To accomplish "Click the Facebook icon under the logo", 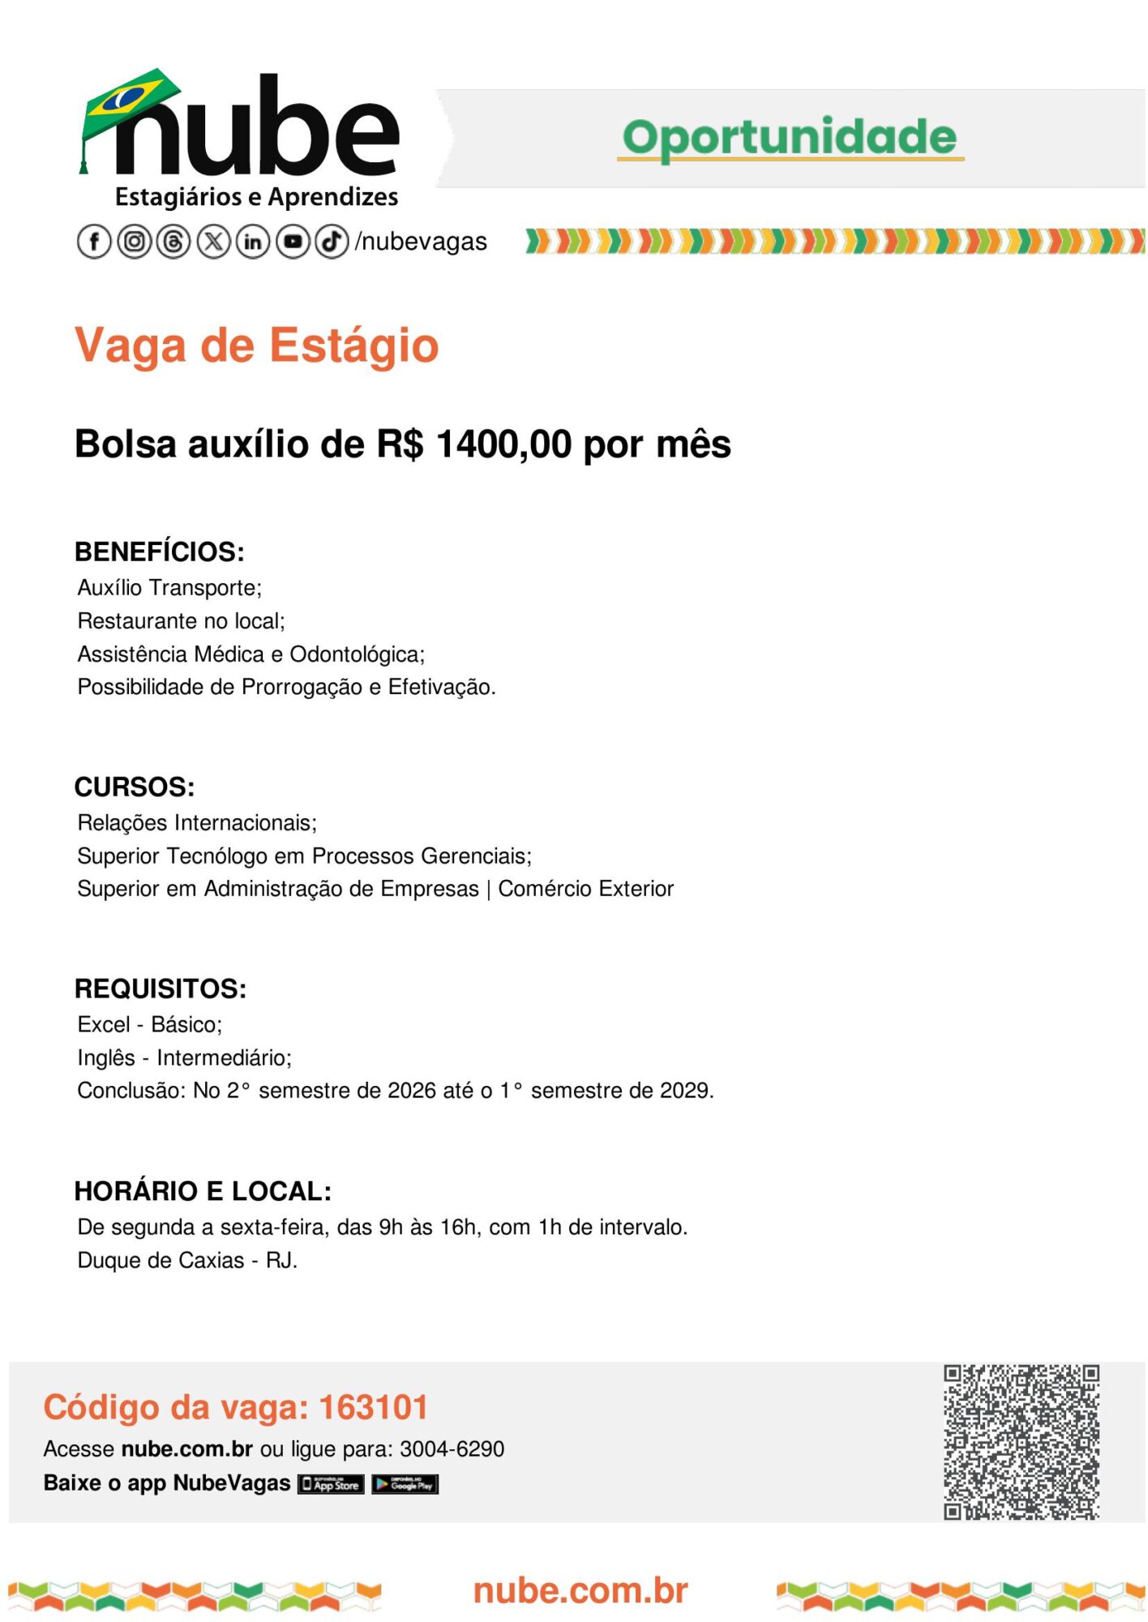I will tap(94, 242).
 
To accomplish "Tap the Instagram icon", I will tap(135, 242).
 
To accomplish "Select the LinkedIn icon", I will tap(253, 242).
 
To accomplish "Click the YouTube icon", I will tap(293, 242).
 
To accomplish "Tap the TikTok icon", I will tap(332, 242).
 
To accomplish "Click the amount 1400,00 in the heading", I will tap(503, 444).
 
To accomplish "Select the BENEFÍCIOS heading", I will tap(159, 551).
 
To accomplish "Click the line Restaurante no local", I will tap(181, 621).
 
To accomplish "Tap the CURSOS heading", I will tap(135, 787).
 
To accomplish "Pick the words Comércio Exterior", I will tap(585, 889).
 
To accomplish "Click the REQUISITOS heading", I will tap(161, 989).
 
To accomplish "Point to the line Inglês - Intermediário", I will tap(184, 1058).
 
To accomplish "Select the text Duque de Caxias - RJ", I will tap(187, 1260).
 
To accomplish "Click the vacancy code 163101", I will tap(373, 1407).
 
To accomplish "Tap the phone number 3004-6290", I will tap(452, 1449).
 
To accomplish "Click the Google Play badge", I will tap(405, 1484).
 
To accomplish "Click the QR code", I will tap(1021, 1442).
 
